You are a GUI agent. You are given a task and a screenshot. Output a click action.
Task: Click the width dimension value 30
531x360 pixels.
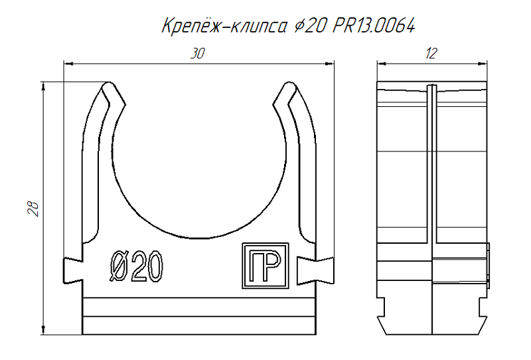pyautogui.click(x=197, y=54)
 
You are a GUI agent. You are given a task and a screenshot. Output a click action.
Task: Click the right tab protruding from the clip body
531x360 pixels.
pyautogui.click(x=325, y=268)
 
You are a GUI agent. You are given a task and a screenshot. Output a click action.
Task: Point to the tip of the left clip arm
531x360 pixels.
pyautogui.click(x=109, y=86)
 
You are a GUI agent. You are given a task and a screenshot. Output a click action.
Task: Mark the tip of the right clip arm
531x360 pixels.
pyautogui.click(x=288, y=86)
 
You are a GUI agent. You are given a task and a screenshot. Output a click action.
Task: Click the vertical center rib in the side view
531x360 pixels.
pyautogui.click(x=431, y=199)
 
